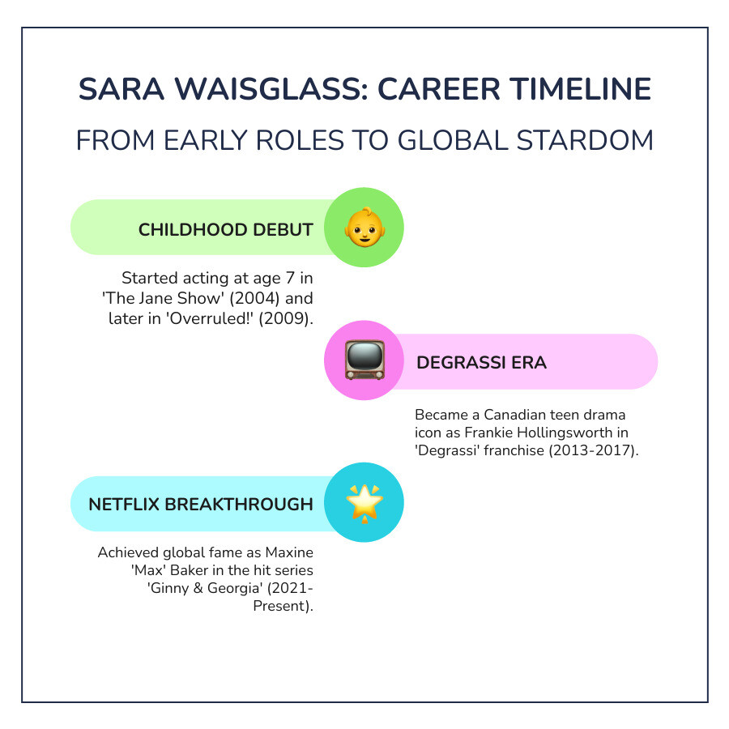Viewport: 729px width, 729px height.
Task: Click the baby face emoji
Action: (365, 228)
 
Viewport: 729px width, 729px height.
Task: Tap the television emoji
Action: (365, 360)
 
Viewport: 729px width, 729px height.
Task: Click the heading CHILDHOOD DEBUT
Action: (226, 230)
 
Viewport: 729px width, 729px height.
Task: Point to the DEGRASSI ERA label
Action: (481, 363)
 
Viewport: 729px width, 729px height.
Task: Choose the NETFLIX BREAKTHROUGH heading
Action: (201, 505)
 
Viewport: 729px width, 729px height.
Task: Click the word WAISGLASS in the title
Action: (271, 89)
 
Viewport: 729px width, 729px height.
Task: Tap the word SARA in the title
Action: (122, 89)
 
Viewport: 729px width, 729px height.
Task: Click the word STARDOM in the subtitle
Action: (585, 140)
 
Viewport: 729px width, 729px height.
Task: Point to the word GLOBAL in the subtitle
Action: (453, 140)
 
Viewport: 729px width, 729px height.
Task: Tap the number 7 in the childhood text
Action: (290, 278)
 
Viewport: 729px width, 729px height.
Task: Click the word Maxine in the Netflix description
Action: (289, 552)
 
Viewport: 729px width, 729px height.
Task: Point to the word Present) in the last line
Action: (283, 606)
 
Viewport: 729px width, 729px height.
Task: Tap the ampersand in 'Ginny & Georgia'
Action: (198, 588)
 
